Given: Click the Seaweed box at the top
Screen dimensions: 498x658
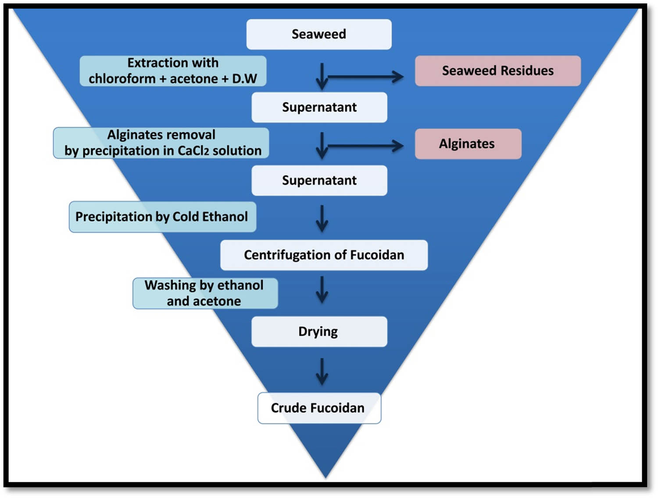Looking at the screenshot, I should click(319, 34).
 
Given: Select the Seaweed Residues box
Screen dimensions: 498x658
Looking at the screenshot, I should click(498, 71).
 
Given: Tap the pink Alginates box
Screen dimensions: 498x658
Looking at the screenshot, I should click(468, 144).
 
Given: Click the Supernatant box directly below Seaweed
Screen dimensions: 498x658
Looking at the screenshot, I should click(319, 107).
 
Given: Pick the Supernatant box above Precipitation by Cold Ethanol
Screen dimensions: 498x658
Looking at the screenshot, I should click(319, 180).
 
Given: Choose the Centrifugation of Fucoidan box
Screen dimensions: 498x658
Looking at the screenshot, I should click(324, 255).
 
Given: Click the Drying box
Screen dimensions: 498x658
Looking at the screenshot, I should click(319, 332).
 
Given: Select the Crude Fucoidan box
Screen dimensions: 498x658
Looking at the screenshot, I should click(319, 408).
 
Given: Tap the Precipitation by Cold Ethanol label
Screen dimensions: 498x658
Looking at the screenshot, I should click(162, 217).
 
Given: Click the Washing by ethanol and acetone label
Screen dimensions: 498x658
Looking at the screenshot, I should click(205, 293).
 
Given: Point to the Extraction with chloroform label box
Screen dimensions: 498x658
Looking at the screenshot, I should click(173, 71).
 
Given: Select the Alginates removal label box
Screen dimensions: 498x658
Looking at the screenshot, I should click(161, 143).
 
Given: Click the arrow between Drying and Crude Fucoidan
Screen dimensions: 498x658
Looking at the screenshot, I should click(322, 372).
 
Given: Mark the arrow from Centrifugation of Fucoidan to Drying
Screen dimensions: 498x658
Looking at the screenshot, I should click(322, 290).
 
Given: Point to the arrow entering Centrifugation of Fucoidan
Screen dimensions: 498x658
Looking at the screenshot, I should click(322, 219).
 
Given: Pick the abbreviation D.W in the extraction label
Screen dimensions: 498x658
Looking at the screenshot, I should click(244, 79).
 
